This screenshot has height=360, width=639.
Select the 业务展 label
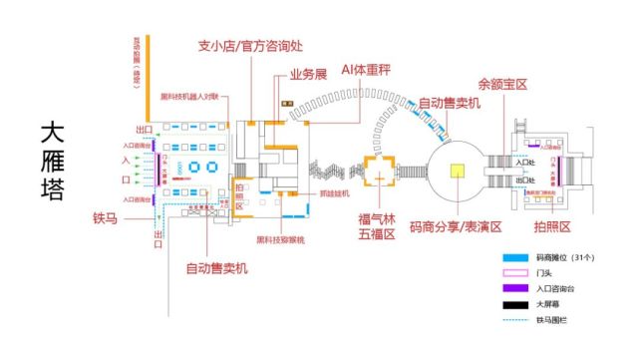[x=309, y=75]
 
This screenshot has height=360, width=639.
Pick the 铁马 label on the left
[x=106, y=217]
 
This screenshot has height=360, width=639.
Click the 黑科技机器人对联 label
[x=195, y=97]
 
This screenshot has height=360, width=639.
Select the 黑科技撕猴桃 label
[x=280, y=239]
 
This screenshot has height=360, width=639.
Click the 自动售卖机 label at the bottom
[x=216, y=267]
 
